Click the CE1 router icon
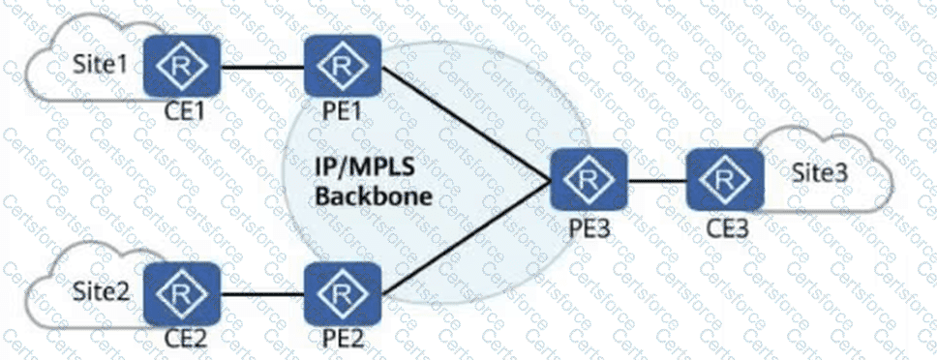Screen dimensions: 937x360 [x=182, y=65]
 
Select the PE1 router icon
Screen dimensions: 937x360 [x=343, y=65]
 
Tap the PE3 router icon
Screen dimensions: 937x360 [x=589, y=179]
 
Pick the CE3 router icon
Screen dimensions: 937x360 [x=725, y=179]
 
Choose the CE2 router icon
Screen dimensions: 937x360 [x=182, y=293]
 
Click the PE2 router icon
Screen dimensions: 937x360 [x=343, y=293]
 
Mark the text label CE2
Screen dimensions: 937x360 [x=185, y=339]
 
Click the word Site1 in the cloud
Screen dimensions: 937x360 [x=100, y=64]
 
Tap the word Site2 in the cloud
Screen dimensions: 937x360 [x=101, y=292]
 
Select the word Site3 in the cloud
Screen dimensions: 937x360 [x=820, y=172]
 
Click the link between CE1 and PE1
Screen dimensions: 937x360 [x=262, y=66]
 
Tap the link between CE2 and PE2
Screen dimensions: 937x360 [x=262, y=294]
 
